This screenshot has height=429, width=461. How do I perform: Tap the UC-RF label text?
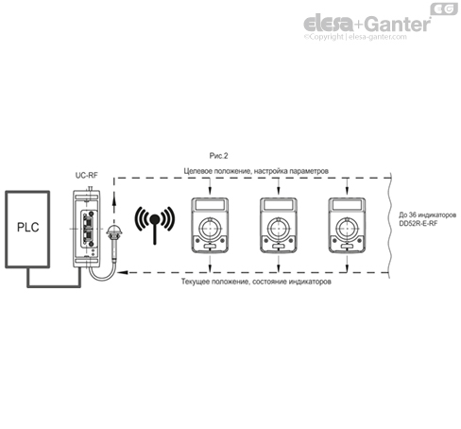[x=87, y=175]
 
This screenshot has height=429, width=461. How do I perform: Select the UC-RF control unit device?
[x=87, y=231]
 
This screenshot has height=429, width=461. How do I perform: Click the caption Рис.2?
[x=219, y=154]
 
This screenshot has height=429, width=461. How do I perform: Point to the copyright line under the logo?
[x=368, y=39]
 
